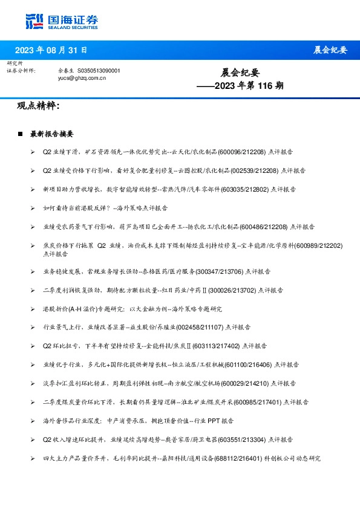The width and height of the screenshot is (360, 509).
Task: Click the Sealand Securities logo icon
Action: (x=34, y=21)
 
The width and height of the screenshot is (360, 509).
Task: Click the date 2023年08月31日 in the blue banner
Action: (x=51, y=50)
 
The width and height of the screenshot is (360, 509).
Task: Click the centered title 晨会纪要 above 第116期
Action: (x=240, y=73)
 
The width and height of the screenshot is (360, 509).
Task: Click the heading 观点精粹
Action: (x=38, y=106)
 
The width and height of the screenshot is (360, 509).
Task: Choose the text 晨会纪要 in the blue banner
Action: (x=330, y=50)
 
